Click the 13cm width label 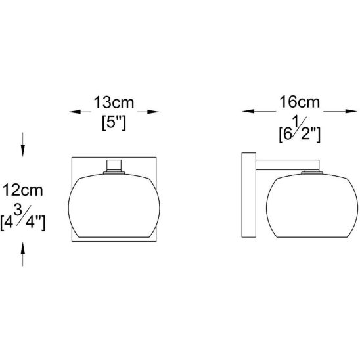click(x=114, y=102)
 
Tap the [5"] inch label click(x=114, y=124)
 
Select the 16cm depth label click(x=300, y=102)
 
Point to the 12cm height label click(x=23, y=191)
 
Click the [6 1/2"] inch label click(x=300, y=130)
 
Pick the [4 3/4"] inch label click(x=23, y=218)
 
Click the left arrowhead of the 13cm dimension click(x=75, y=112)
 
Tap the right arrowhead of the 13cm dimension click(x=153, y=112)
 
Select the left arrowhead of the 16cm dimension click(x=248, y=111)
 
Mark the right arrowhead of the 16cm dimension click(x=351, y=111)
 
